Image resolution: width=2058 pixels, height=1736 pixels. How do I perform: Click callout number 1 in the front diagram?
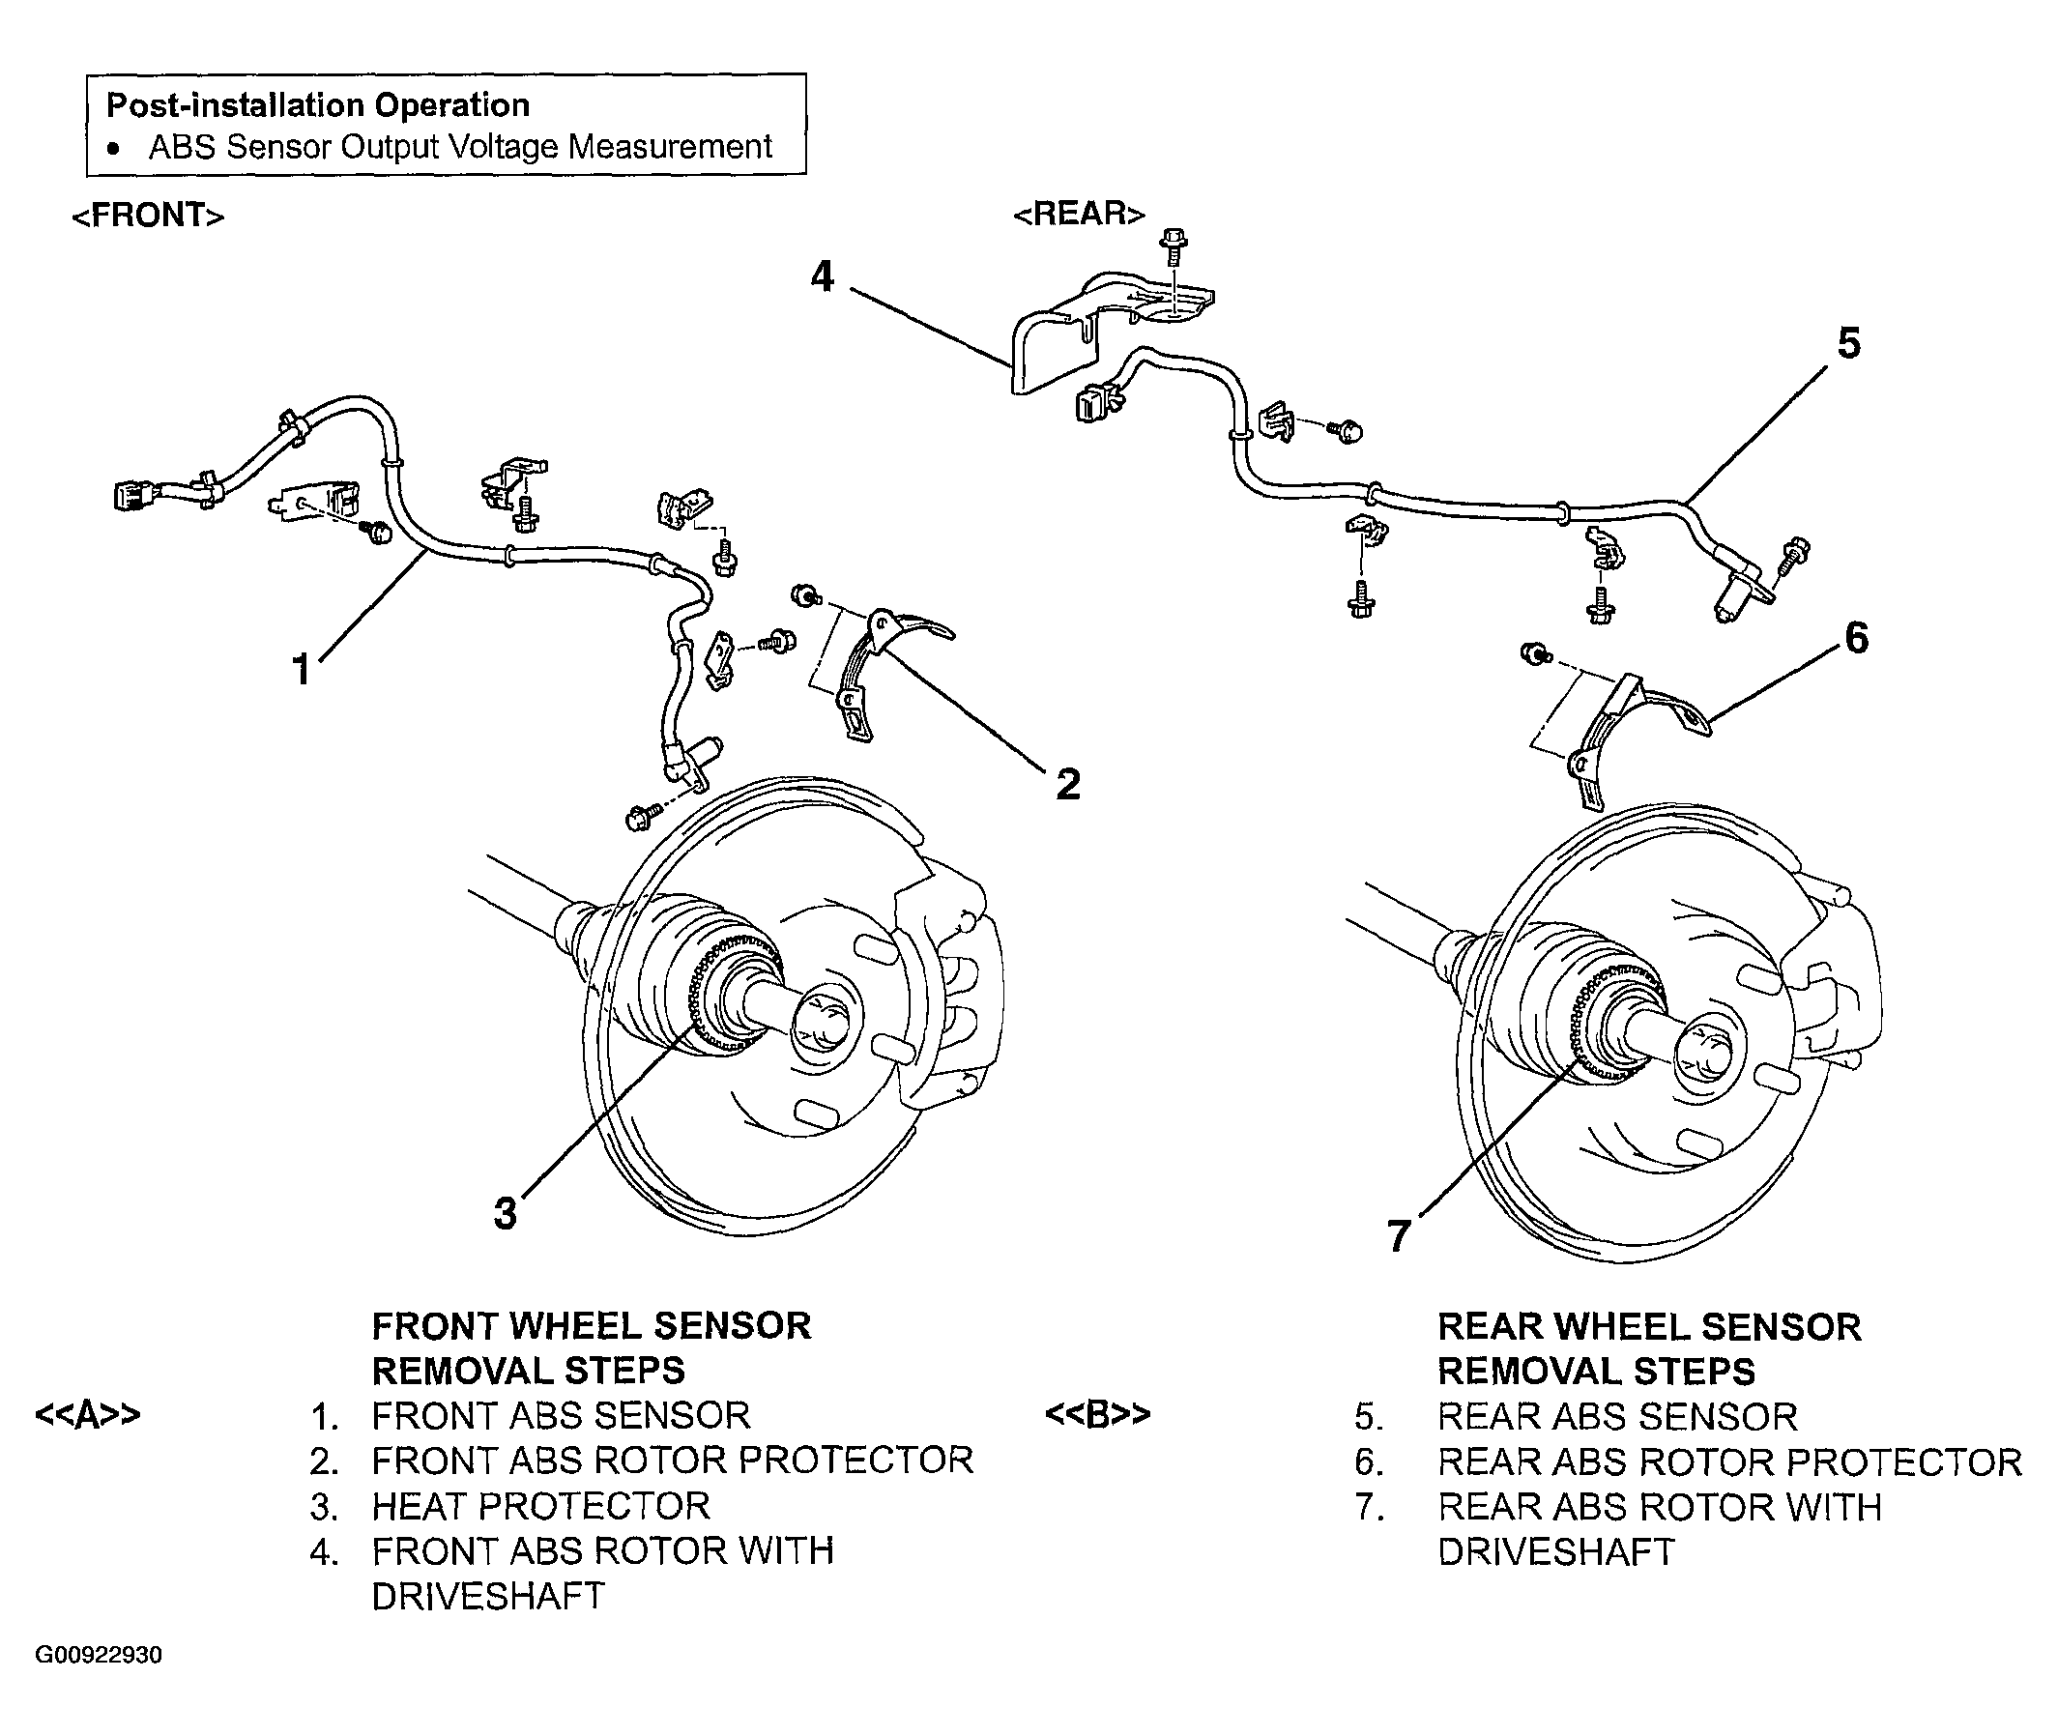click(x=303, y=670)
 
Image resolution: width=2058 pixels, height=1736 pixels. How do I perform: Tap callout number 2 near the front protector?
click(x=1068, y=784)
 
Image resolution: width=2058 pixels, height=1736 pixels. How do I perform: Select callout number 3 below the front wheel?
click(x=505, y=1213)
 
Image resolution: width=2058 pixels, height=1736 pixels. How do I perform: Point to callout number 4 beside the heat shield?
click(x=822, y=276)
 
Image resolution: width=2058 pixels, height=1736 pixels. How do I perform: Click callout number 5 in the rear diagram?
click(x=1849, y=343)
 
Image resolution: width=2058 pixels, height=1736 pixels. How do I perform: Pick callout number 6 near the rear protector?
click(x=1856, y=638)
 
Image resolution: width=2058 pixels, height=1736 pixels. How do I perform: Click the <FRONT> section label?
click(x=149, y=216)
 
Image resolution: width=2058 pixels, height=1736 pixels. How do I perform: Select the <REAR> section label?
click(x=1080, y=214)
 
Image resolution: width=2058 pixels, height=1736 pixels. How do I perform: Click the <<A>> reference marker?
click(x=88, y=1415)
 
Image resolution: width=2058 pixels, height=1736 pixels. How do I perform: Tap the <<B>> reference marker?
click(x=1097, y=1415)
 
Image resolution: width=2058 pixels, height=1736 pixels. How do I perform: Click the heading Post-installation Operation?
click(x=318, y=105)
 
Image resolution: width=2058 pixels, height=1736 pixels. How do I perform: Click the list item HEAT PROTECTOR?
click(x=540, y=1506)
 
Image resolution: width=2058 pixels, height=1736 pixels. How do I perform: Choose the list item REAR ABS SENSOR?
click(x=1617, y=1416)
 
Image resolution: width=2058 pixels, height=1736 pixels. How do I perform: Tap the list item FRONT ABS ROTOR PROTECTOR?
click(x=672, y=1461)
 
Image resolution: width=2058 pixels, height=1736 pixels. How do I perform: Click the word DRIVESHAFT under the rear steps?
click(x=1556, y=1552)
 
